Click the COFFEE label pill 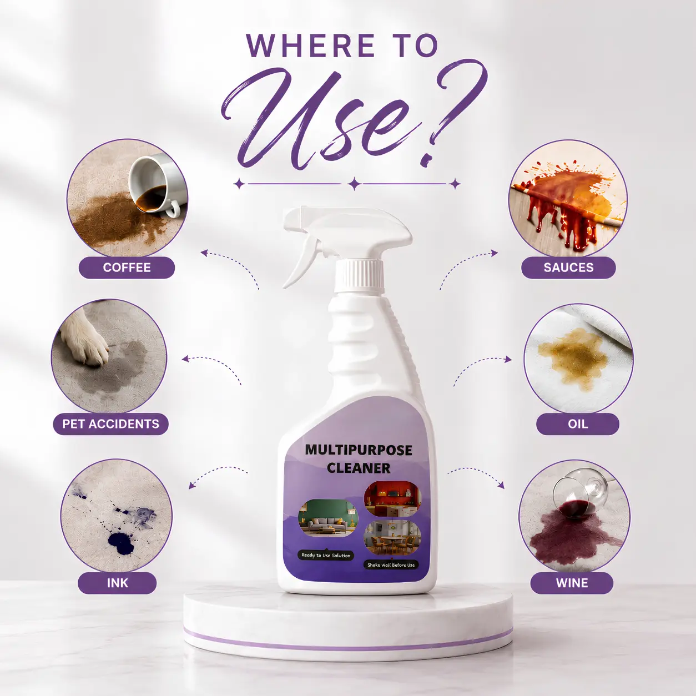[127, 268]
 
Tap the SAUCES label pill [568, 268]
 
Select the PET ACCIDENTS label [110, 423]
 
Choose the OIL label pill [578, 423]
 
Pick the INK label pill [117, 583]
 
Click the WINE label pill [572, 583]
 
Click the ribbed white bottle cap [359, 275]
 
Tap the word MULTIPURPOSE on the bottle [359, 450]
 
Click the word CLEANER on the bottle [359, 468]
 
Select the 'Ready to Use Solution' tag [326, 555]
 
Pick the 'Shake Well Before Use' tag [391, 565]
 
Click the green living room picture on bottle [328, 518]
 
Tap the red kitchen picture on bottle [392, 498]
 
